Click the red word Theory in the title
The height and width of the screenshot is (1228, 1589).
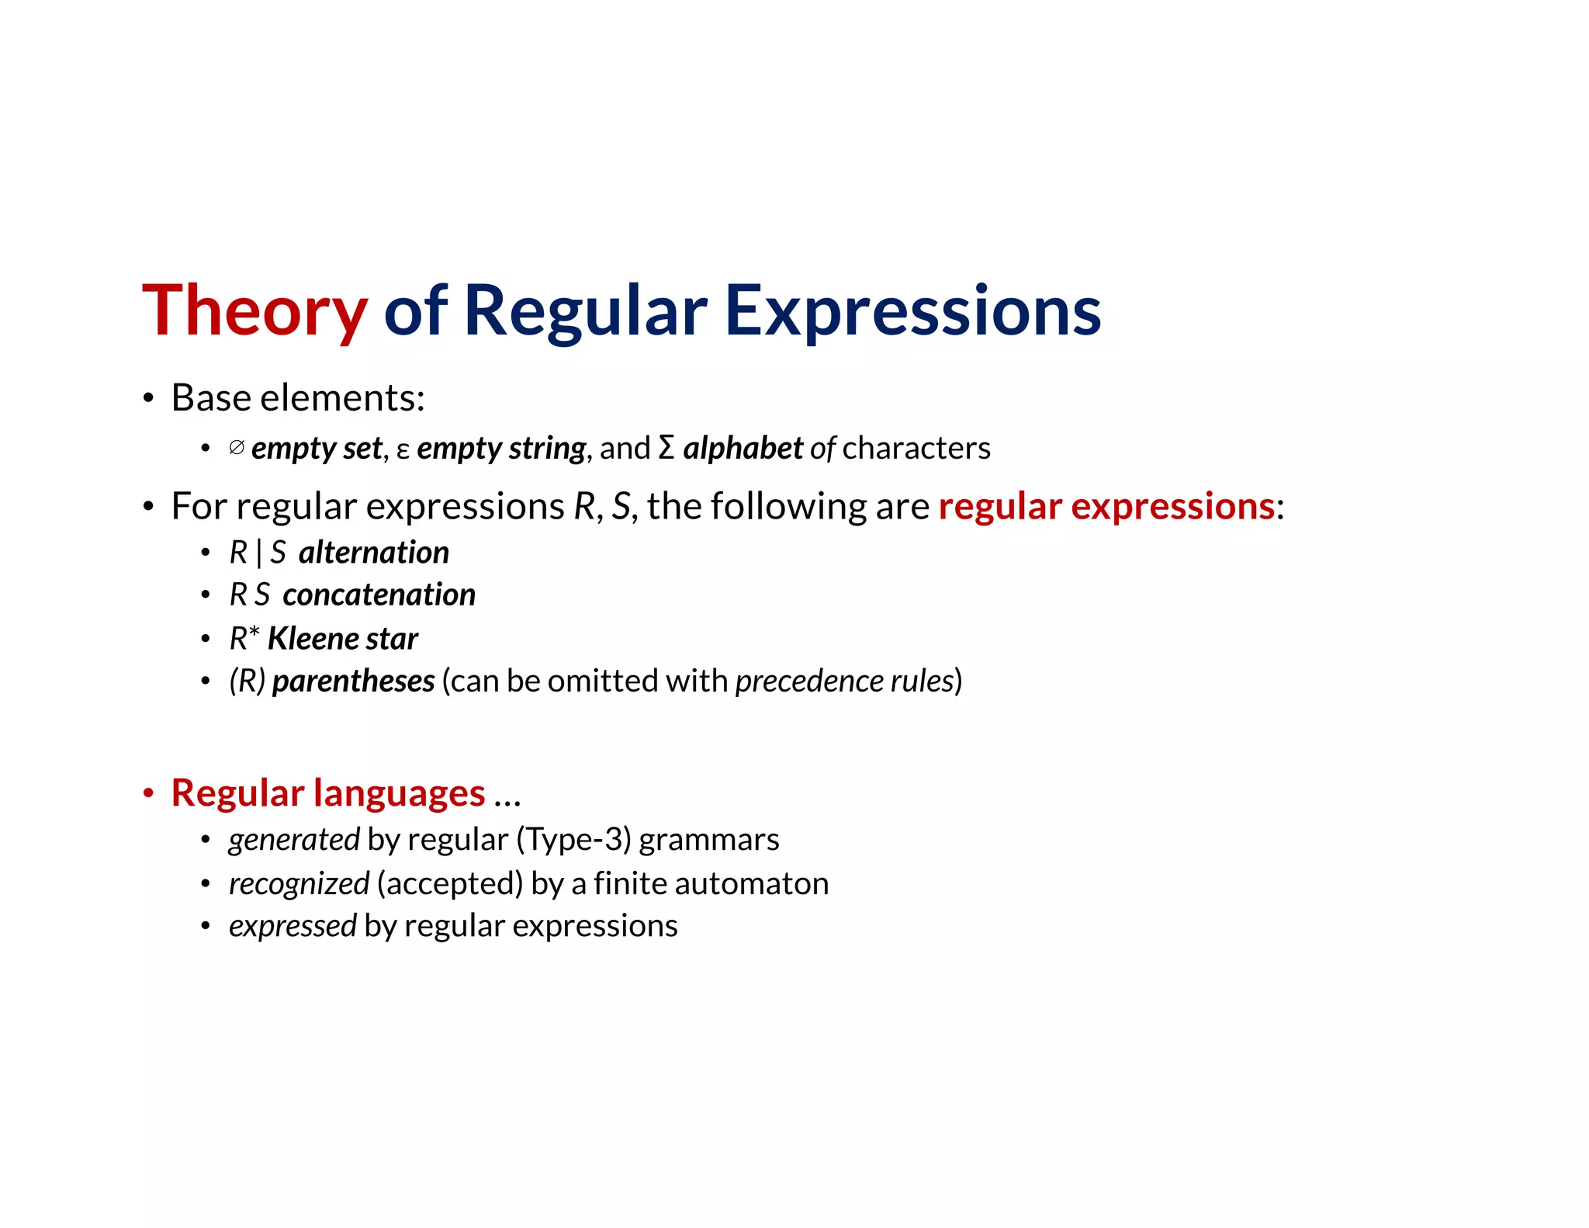(x=254, y=312)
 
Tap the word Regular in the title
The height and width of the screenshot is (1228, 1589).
(x=585, y=312)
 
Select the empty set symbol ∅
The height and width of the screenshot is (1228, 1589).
(x=237, y=448)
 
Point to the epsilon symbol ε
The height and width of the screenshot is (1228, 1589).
(x=403, y=450)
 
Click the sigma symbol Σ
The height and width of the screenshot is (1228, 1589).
(x=666, y=448)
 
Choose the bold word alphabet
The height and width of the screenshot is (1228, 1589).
(x=743, y=449)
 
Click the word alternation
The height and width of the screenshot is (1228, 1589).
(x=373, y=553)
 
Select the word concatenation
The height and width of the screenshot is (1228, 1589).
(x=379, y=595)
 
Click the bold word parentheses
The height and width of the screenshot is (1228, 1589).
(x=353, y=682)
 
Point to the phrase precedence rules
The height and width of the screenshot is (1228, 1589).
(x=844, y=682)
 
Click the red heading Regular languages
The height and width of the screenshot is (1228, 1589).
(x=327, y=793)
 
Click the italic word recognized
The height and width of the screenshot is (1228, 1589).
(x=299, y=884)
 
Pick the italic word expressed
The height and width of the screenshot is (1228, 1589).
(x=293, y=926)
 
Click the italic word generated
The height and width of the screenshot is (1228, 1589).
(x=294, y=840)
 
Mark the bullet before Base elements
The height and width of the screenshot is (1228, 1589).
(x=148, y=399)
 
